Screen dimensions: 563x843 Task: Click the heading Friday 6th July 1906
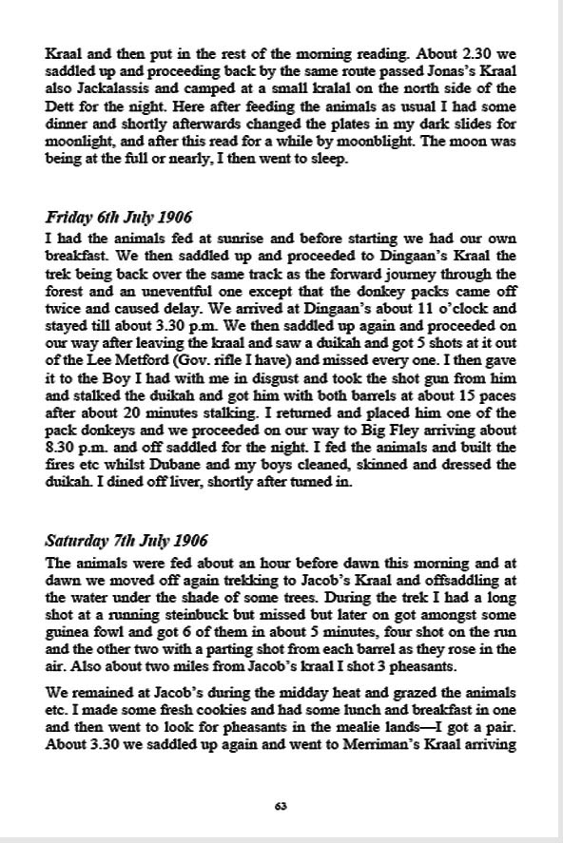[118, 218]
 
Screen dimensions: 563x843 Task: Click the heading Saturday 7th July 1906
[126, 542]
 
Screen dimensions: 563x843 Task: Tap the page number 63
[281, 806]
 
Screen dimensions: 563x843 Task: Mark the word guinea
[68, 649]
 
